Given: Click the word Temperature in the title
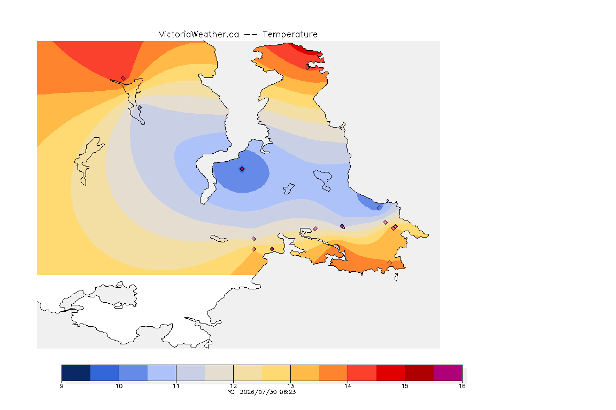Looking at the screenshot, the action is point(290,35).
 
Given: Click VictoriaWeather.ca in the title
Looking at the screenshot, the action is point(199,35).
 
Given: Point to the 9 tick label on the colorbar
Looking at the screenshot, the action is point(61,386).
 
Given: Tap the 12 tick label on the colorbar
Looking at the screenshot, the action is point(233,386).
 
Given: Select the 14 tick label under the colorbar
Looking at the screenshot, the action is point(348,386).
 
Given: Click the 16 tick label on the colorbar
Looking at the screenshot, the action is point(462,386).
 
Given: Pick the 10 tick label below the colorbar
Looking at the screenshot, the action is point(119,386).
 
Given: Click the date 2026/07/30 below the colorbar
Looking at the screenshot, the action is point(258,392).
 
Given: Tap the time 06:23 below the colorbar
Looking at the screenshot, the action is point(288,392).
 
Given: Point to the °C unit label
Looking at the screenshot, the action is point(231,392).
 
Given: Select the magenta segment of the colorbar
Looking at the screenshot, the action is point(448,373).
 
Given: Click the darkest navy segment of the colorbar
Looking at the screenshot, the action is point(76,373).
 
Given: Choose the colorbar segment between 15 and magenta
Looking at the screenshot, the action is point(419,373).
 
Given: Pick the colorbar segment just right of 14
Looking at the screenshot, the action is point(362,373).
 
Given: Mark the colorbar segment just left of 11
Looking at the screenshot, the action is point(162,373).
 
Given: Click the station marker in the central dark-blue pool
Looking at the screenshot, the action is point(242,169).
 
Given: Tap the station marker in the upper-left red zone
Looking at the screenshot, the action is point(124,78).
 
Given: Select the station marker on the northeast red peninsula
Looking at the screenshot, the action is point(307,67).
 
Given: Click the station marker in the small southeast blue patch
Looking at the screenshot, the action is point(379,208).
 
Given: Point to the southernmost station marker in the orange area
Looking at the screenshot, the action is point(389,263).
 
